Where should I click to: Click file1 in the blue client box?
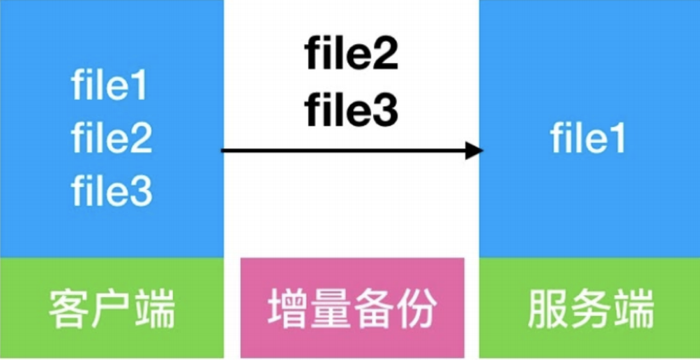pyautogui.click(x=112, y=88)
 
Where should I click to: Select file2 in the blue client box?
pyautogui.click(x=112, y=139)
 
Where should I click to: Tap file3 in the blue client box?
pyautogui.click(x=112, y=191)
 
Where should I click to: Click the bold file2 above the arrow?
pyautogui.click(x=351, y=56)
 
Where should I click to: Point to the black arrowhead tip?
pyautogui.click(x=481, y=151)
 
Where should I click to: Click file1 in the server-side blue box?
pyautogui.click(x=588, y=138)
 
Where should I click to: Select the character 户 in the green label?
pyautogui.click(x=112, y=309)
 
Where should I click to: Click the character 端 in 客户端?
pyautogui.click(x=153, y=309)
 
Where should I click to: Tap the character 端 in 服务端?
pyautogui.click(x=631, y=309)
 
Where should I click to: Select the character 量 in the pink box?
pyautogui.click(x=330, y=310)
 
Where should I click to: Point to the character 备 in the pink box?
pyautogui.click(x=372, y=310)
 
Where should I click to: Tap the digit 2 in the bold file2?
pyautogui.click(x=385, y=56)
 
